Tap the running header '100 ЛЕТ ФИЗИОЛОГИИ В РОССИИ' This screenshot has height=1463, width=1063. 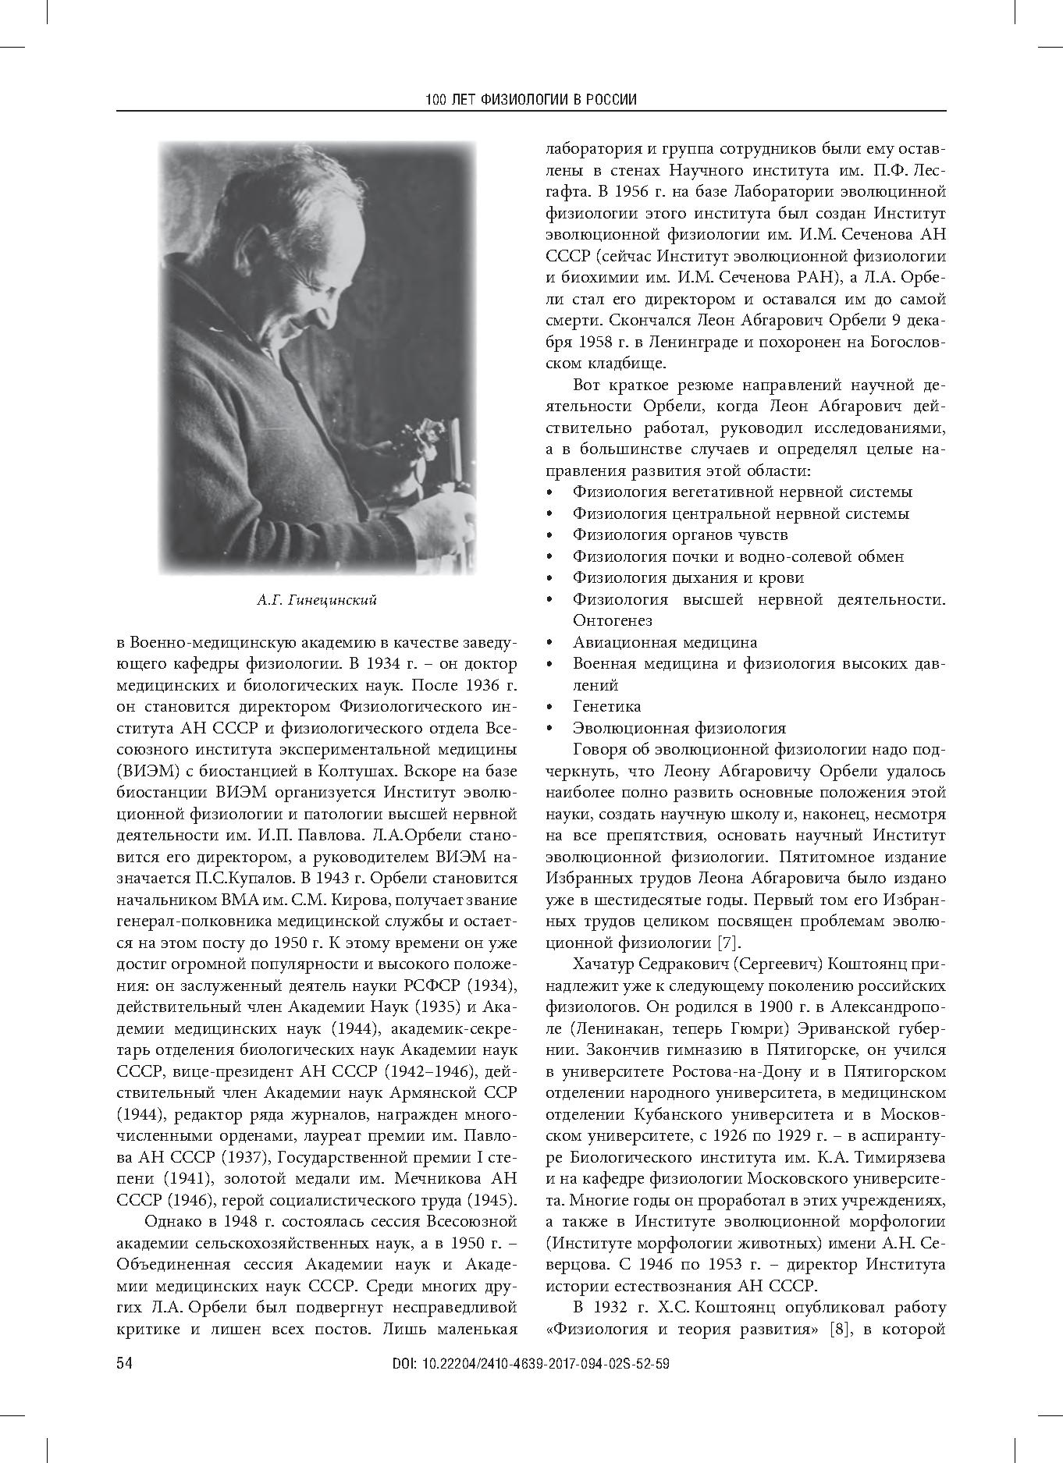pos(531,100)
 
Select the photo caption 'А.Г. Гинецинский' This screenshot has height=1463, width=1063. pos(316,600)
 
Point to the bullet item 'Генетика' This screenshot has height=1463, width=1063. pos(606,706)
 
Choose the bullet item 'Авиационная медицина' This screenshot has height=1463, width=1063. pos(664,642)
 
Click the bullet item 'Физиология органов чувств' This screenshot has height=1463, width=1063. pos(680,535)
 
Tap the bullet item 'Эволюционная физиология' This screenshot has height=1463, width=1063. pos(679,728)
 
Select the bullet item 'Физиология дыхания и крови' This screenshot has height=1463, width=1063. pos(688,578)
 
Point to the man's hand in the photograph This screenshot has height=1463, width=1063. pos(437,515)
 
